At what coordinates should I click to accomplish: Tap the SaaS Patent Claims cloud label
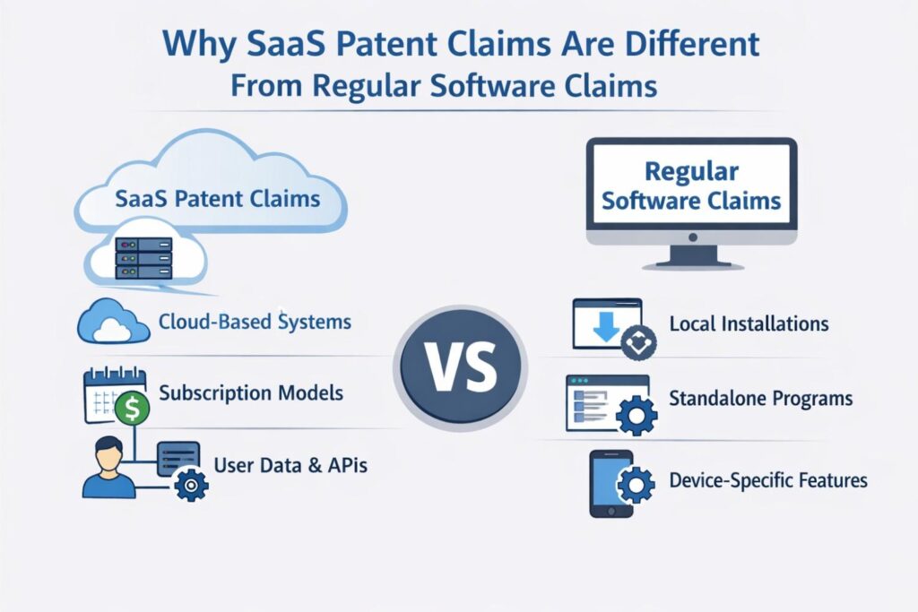click(x=218, y=197)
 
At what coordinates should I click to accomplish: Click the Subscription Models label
click(x=251, y=392)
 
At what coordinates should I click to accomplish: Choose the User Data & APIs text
click(x=290, y=465)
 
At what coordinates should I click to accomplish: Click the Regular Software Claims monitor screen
click(x=690, y=186)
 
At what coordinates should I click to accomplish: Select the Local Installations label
click(x=749, y=323)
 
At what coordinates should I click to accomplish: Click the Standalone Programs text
click(x=760, y=398)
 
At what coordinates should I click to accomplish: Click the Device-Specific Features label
click(x=768, y=480)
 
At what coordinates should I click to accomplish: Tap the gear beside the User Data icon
click(x=191, y=485)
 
